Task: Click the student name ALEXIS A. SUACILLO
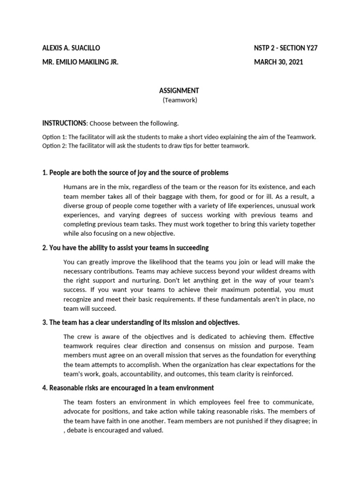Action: [x=71, y=48]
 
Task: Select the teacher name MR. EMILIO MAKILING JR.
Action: [x=80, y=62]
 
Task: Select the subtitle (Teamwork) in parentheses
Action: [x=180, y=100]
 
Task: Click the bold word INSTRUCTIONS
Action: [x=64, y=123]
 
